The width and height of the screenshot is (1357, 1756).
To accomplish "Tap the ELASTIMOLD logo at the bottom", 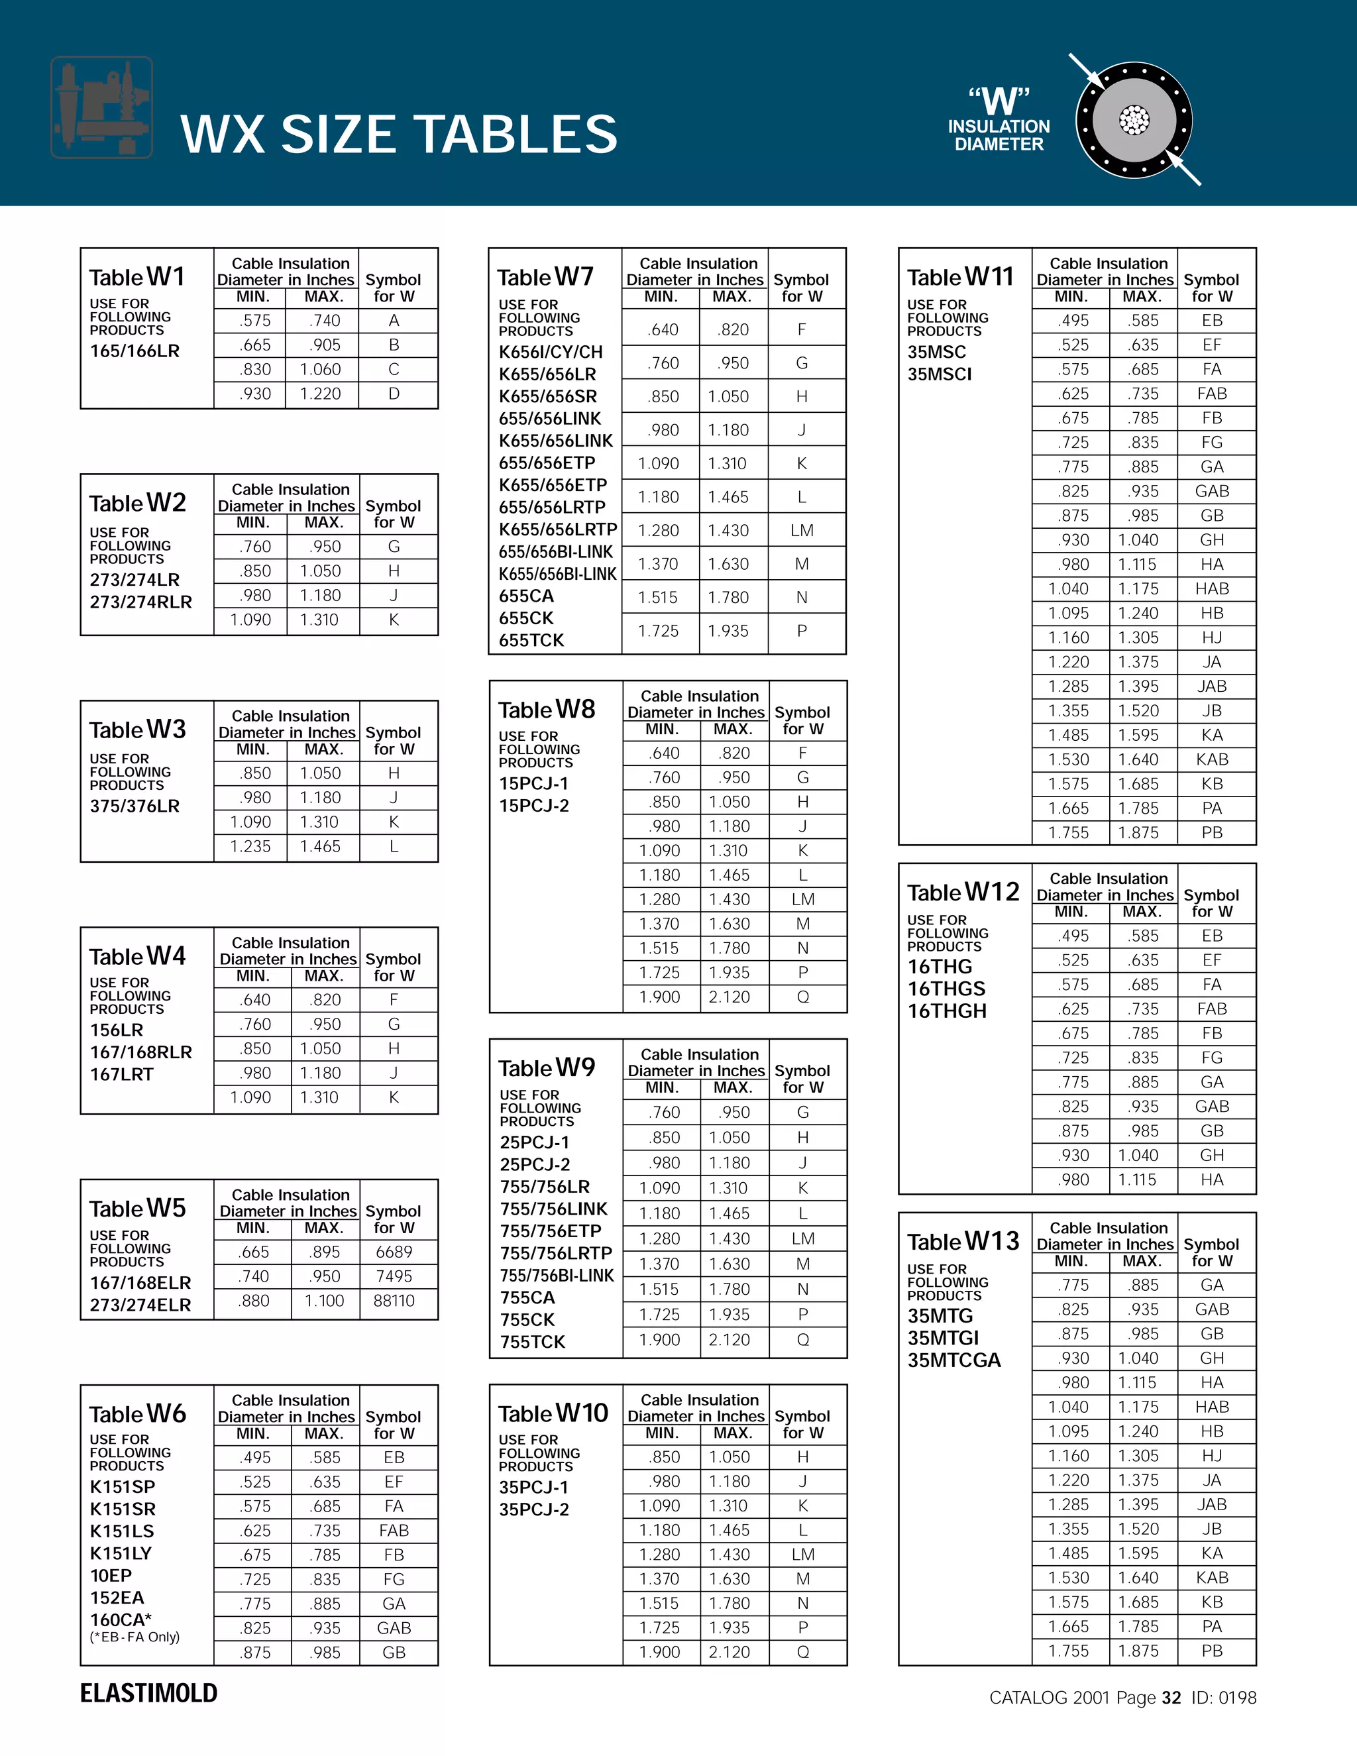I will pos(148,1692).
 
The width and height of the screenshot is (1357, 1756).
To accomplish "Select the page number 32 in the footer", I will pos(1171,1697).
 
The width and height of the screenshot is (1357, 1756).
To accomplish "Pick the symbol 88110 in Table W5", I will pos(394,1300).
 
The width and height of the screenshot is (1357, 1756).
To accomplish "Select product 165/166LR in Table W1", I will pos(135,351).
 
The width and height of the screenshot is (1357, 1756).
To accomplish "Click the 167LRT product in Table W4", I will pos(121,1074).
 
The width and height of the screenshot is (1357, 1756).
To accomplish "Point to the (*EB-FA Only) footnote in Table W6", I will pos(135,1636).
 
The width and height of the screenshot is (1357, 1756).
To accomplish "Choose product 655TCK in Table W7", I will pos(531,640).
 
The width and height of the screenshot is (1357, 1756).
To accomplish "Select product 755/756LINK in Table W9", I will pos(554,1209).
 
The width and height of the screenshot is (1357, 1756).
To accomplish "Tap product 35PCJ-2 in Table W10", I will pos(534,1509).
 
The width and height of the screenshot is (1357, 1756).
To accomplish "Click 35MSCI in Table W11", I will pos(939,374).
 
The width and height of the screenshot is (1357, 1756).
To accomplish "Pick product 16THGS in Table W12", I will pos(946,988).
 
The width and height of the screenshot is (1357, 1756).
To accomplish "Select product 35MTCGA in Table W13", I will pos(954,1360).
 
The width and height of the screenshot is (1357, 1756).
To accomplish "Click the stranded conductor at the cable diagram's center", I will pos(1134,121).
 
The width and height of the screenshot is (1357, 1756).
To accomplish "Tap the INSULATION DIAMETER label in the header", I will pos(999,135).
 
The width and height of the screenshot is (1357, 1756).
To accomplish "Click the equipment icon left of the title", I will pos(101,107).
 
